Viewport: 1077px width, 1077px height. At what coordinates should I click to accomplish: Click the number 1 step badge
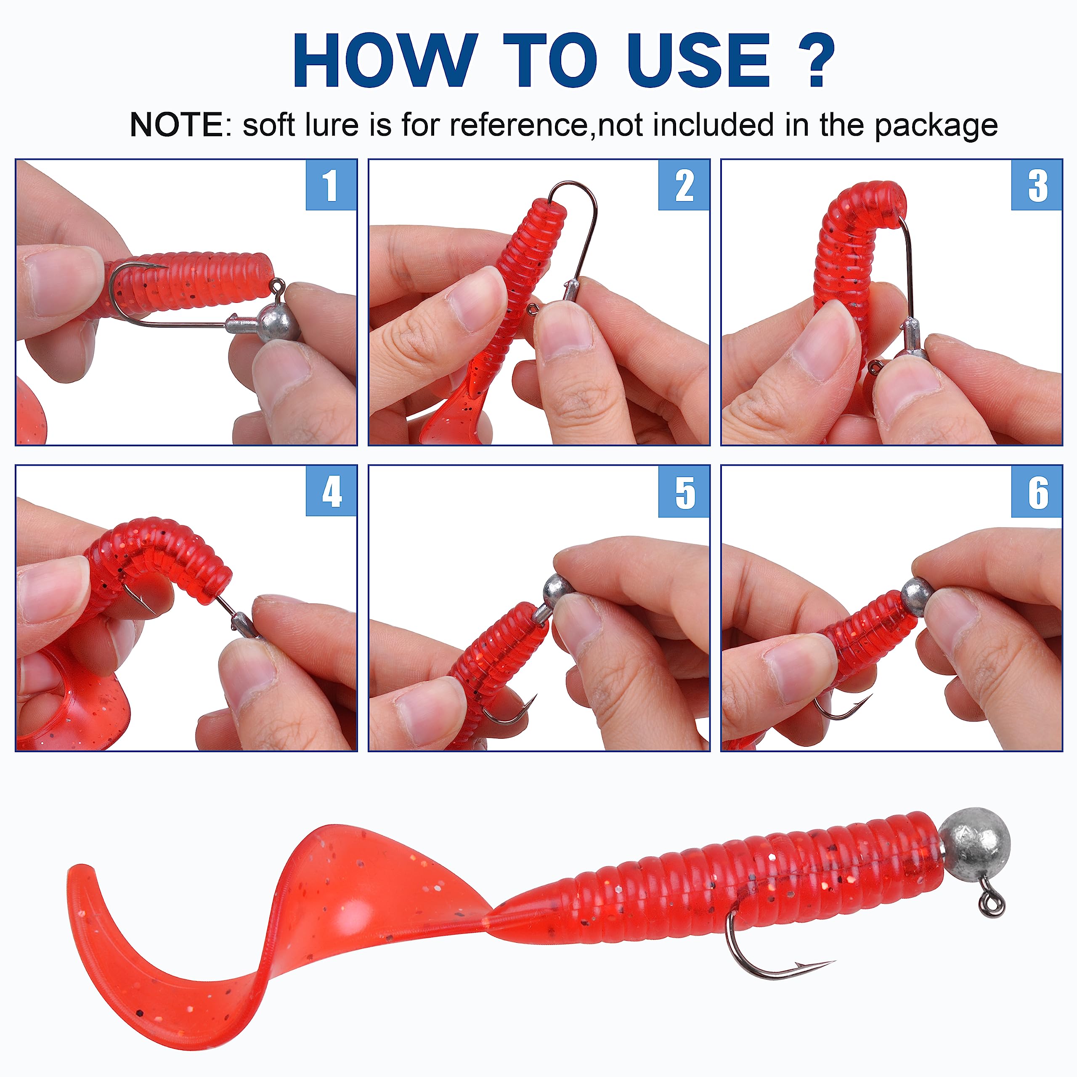point(331,185)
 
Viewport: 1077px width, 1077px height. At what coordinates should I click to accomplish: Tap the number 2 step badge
point(684,185)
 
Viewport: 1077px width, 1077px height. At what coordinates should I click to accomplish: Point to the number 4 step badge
point(331,491)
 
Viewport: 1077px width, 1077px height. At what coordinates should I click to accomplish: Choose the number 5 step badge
point(684,491)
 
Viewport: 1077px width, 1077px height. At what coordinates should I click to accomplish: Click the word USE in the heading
point(698,60)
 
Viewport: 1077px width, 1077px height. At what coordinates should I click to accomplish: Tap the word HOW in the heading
point(385,60)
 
